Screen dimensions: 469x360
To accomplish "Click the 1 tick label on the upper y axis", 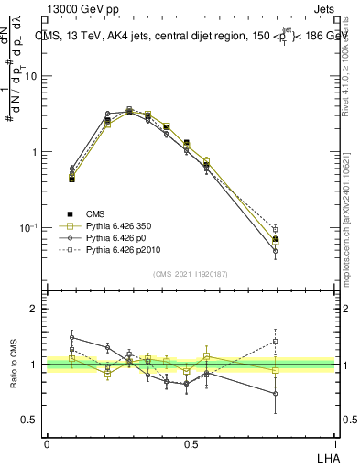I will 35,152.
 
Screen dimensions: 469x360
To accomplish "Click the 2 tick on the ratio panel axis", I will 35,309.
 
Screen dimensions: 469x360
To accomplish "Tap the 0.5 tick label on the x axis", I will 191,444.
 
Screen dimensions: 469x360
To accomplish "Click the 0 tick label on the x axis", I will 47,444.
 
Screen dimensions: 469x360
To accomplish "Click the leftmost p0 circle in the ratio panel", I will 72,337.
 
